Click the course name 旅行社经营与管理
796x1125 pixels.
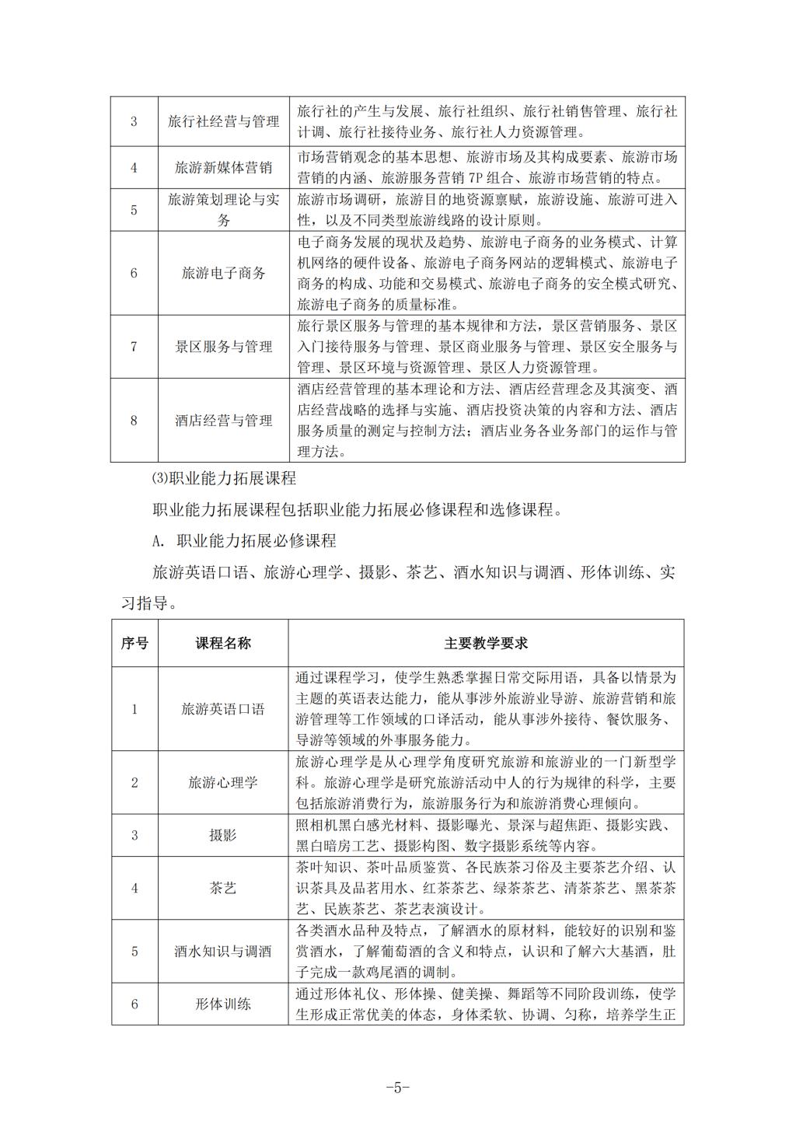click(223, 121)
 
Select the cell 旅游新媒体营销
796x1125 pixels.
click(223, 167)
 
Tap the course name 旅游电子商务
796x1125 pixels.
click(223, 273)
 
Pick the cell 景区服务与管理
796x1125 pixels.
click(223, 347)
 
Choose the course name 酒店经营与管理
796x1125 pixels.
click(223, 421)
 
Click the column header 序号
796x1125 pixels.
click(134, 643)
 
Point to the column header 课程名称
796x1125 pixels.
click(223, 643)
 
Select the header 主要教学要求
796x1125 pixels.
click(486, 643)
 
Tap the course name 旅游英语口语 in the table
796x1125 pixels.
click(223, 709)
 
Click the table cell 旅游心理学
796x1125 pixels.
click(223, 782)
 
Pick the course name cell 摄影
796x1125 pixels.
click(223, 835)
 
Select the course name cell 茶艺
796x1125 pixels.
click(223, 888)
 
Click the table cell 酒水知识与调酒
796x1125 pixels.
click(223, 951)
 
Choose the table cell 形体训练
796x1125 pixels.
click(223, 1004)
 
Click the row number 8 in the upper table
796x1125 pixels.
click(134, 421)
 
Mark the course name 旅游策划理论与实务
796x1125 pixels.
click(223, 210)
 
